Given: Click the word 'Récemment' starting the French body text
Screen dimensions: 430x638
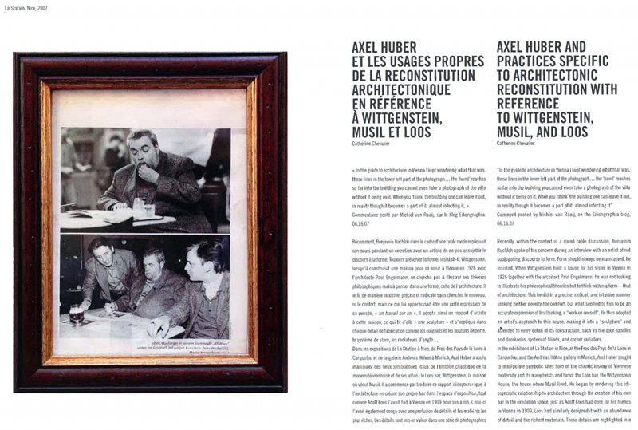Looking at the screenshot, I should pos(368,239).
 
